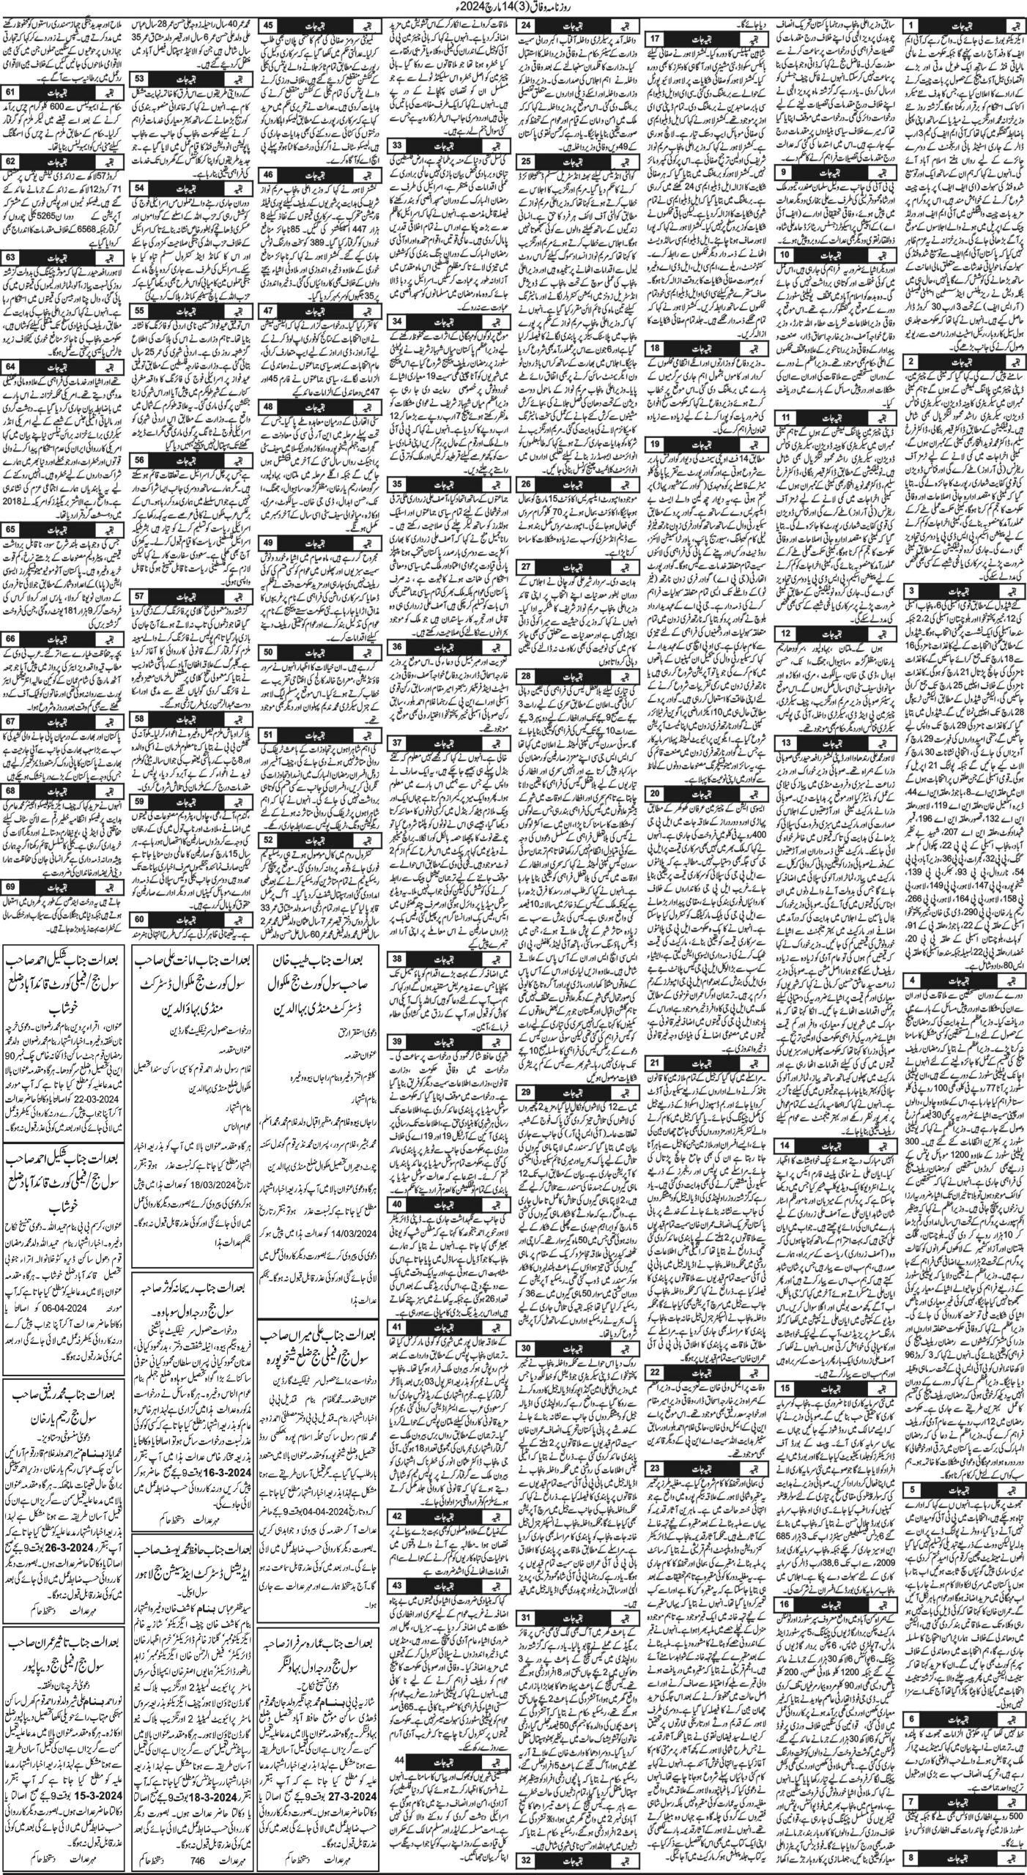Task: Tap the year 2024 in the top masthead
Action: tap(459, 7)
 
